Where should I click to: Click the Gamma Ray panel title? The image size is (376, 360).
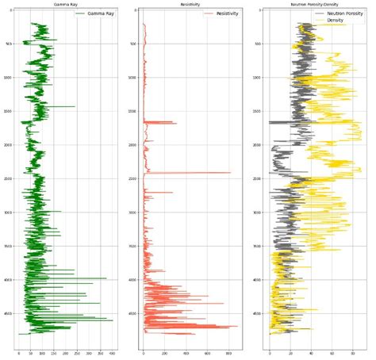pos(66,5)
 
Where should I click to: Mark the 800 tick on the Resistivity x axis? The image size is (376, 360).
pos(228,353)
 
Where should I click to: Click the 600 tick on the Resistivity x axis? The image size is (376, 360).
pos(207,353)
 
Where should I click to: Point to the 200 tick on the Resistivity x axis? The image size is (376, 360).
pos(165,353)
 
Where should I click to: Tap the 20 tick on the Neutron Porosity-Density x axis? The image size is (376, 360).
pos(290,353)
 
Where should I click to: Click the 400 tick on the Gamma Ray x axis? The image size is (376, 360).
pos(112,353)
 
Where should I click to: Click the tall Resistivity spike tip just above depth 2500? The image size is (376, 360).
pos(231,173)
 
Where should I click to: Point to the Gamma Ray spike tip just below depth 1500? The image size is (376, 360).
pos(75,106)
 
